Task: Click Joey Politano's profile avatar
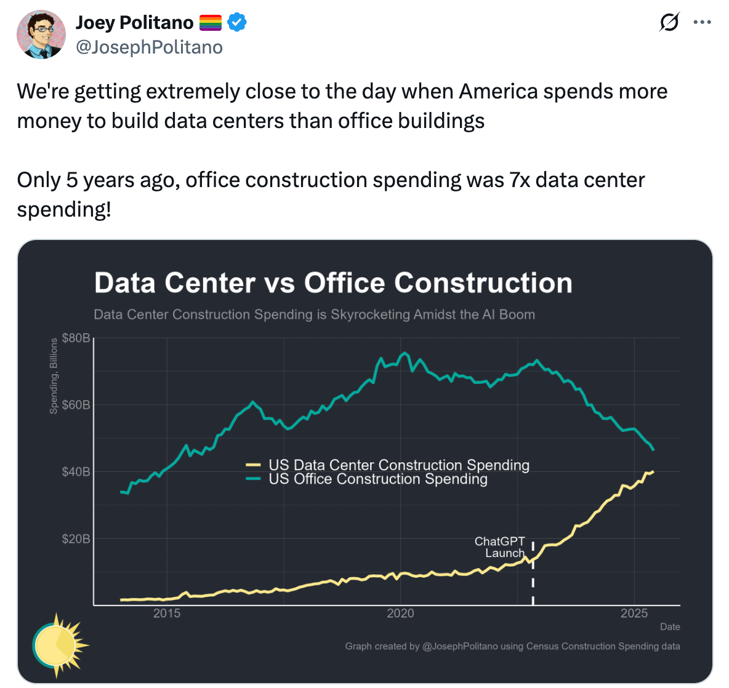[41, 34]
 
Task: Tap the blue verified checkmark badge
[237, 22]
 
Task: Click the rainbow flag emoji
[210, 22]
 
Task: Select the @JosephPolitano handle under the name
[149, 47]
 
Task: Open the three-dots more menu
[702, 22]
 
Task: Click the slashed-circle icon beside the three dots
[669, 22]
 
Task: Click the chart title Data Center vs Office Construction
[333, 282]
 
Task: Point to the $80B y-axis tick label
[76, 338]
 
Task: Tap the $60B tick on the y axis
[76, 405]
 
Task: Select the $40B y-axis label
[76, 472]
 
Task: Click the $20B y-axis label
[76, 539]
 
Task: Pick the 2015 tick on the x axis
[167, 613]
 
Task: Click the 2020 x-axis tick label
[400, 613]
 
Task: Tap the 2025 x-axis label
[634, 613]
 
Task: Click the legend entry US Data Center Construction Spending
[399, 465]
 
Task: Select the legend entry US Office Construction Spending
[378, 479]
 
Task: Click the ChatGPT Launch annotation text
[500, 547]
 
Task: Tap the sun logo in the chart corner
[60, 646]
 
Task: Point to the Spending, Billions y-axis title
[54, 376]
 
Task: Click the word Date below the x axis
[670, 626]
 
